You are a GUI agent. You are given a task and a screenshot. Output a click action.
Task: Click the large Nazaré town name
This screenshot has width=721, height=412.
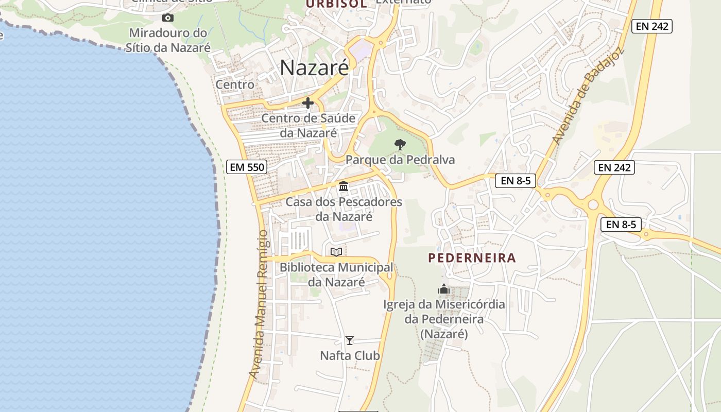[x=314, y=68]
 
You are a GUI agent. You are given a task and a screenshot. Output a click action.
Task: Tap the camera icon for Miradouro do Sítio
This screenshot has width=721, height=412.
[x=167, y=18]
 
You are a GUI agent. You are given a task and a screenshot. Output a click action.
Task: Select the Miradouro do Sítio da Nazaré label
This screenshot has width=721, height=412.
[x=168, y=40]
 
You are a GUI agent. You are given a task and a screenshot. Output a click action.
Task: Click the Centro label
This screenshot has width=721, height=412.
[x=235, y=84]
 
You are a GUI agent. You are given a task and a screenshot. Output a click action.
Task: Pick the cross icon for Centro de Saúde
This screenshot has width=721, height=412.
[x=308, y=103]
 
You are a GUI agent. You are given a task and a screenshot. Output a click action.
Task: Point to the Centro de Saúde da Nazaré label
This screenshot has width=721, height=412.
[x=308, y=125]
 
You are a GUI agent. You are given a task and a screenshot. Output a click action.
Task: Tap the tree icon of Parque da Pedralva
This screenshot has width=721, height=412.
[x=400, y=144]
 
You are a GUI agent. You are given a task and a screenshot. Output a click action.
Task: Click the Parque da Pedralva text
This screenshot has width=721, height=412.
[x=400, y=160]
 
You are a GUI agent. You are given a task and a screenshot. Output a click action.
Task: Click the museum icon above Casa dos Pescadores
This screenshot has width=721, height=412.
[x=344, y=186]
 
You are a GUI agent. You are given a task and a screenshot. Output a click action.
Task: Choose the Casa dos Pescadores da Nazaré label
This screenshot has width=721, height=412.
[x=344, y=209]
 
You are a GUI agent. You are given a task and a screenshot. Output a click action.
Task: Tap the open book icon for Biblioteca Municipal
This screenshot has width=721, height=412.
[x=336, y=252]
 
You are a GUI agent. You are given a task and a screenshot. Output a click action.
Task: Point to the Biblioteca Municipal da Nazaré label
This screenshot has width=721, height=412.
[x=336, y=274]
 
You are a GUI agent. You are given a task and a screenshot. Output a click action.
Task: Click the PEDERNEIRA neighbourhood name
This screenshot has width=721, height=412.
[x=472, y=258]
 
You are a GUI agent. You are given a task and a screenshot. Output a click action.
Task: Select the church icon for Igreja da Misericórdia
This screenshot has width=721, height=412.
[x=444, y=289]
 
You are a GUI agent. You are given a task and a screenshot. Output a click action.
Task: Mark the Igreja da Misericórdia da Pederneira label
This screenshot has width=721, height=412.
[x=444, y=319]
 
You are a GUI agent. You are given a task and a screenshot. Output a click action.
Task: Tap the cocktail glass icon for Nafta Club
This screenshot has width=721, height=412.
[x=350, y=340]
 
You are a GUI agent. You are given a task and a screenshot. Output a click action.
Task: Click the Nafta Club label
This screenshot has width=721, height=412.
[x=350, y=356]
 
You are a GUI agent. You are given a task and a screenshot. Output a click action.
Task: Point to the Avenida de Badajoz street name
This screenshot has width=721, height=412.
[x=587, y=96]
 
